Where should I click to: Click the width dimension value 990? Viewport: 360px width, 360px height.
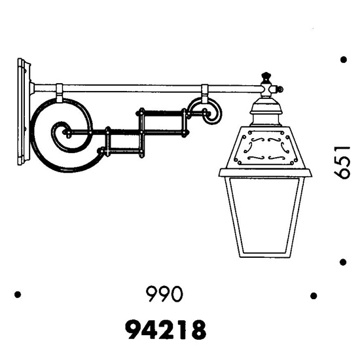(x=164, y=294)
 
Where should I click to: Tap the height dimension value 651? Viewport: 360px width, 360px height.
(x=342, y=162)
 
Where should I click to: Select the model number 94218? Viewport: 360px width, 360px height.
(x=166, y=330)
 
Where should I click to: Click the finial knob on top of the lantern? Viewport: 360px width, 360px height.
(x=266, y=76)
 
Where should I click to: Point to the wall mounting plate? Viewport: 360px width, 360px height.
(x=24, y=112)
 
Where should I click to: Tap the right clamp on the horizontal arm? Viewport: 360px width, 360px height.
(x=205, y=94)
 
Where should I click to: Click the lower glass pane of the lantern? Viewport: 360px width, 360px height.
(x=264, y=217)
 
